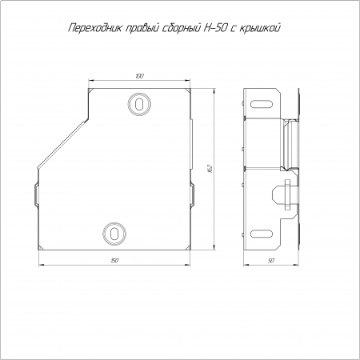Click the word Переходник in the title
coord(94,28)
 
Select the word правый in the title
coord(142,29)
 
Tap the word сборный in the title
coord(181,28)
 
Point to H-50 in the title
coord(214,28)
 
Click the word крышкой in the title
coord(260,28)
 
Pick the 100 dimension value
coord(139,76)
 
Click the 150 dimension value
coord(114,261)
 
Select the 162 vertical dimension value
coord(210,168)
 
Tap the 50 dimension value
coord(271,261)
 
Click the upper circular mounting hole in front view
coord(139,104)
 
